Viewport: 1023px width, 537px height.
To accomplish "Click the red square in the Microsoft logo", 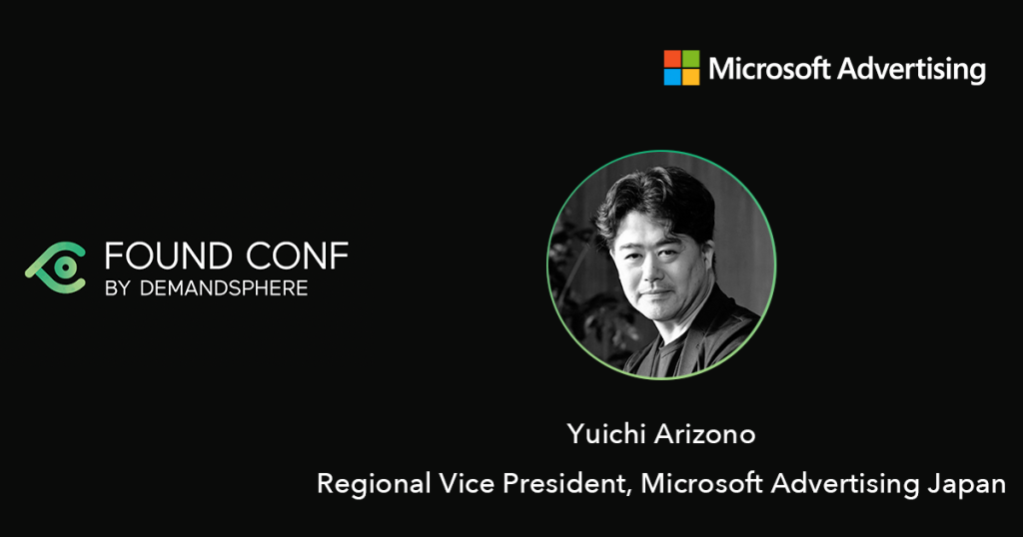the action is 672,59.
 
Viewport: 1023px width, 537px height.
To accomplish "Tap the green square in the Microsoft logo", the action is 691,59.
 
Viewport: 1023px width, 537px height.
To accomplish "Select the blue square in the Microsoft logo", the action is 672,77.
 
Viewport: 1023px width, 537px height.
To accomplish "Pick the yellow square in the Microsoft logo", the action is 691,77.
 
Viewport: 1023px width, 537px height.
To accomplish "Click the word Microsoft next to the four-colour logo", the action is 769,69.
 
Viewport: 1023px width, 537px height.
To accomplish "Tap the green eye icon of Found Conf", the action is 56,268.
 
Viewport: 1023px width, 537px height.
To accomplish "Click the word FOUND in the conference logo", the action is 168,257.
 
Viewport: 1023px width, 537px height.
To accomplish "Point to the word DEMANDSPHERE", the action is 224,288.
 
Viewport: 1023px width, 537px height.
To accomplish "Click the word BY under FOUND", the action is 118,288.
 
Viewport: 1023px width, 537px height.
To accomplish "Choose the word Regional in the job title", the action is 374,484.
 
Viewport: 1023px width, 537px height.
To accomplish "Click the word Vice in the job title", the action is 466,483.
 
